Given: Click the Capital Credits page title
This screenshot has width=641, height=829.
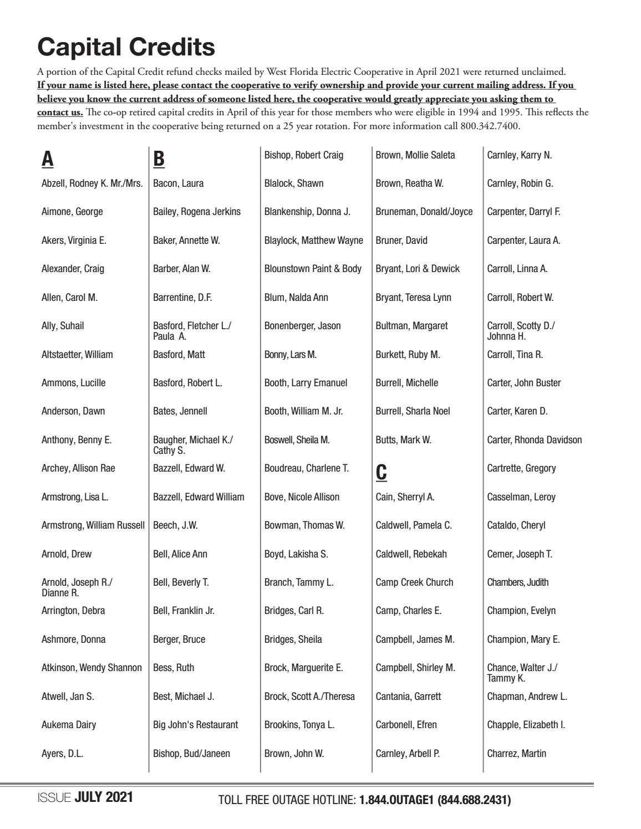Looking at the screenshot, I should (126, 47).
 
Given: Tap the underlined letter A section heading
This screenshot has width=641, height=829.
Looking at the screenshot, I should (48, 159).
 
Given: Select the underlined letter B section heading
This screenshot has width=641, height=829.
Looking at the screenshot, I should (159, 159).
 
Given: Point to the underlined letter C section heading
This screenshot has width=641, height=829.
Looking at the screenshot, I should (381, 472).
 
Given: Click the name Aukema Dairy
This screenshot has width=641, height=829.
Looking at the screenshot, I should (69, 724).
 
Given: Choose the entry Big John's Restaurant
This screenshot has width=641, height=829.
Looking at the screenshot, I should (195, 724).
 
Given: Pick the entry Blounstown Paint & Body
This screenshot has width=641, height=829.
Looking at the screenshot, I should (313, 269).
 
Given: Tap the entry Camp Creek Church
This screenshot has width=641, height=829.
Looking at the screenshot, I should (414, 582).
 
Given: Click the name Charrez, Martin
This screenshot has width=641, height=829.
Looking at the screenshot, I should (516, 753).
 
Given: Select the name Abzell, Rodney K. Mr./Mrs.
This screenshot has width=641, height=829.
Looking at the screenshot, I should (92, 183).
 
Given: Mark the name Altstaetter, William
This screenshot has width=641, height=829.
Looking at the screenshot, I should (77, 354).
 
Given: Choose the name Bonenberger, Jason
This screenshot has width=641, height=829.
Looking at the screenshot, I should (302, 326).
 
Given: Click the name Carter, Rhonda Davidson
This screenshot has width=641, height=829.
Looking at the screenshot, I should (535, 440).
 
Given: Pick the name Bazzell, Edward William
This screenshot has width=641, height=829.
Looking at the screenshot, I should (199, 497).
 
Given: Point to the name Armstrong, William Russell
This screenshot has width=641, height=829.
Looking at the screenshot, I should (93, 525).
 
